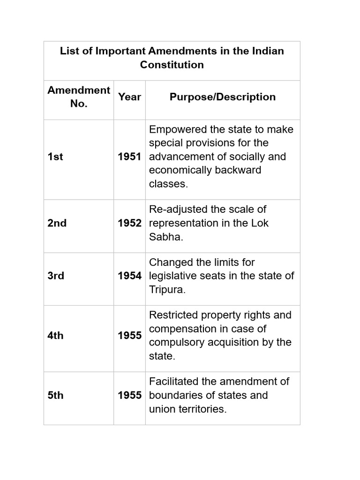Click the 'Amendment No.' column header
click(x=79, y=97)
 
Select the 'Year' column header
click(x=129, y=97)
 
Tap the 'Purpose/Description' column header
click(x=222, y=97)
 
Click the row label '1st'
click(x=55, y=157)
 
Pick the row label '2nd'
click(x=57, y=223)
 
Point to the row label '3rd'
click(x=56, y=276)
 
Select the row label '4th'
click(x=55, y=336)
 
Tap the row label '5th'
click(x=55, y=395)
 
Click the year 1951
click(x=129, y=157)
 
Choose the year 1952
click(x=129, y=223)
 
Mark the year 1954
click(x=129, y=276)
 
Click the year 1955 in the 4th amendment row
click(x=129, y=336)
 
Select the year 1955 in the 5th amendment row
click(x=129, y=395)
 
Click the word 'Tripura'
click(x=166, y=290)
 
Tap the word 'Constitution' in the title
click(x=172, y=65)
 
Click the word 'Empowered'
click(x=175, y=129)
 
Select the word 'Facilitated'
click(x=174, y=382)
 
